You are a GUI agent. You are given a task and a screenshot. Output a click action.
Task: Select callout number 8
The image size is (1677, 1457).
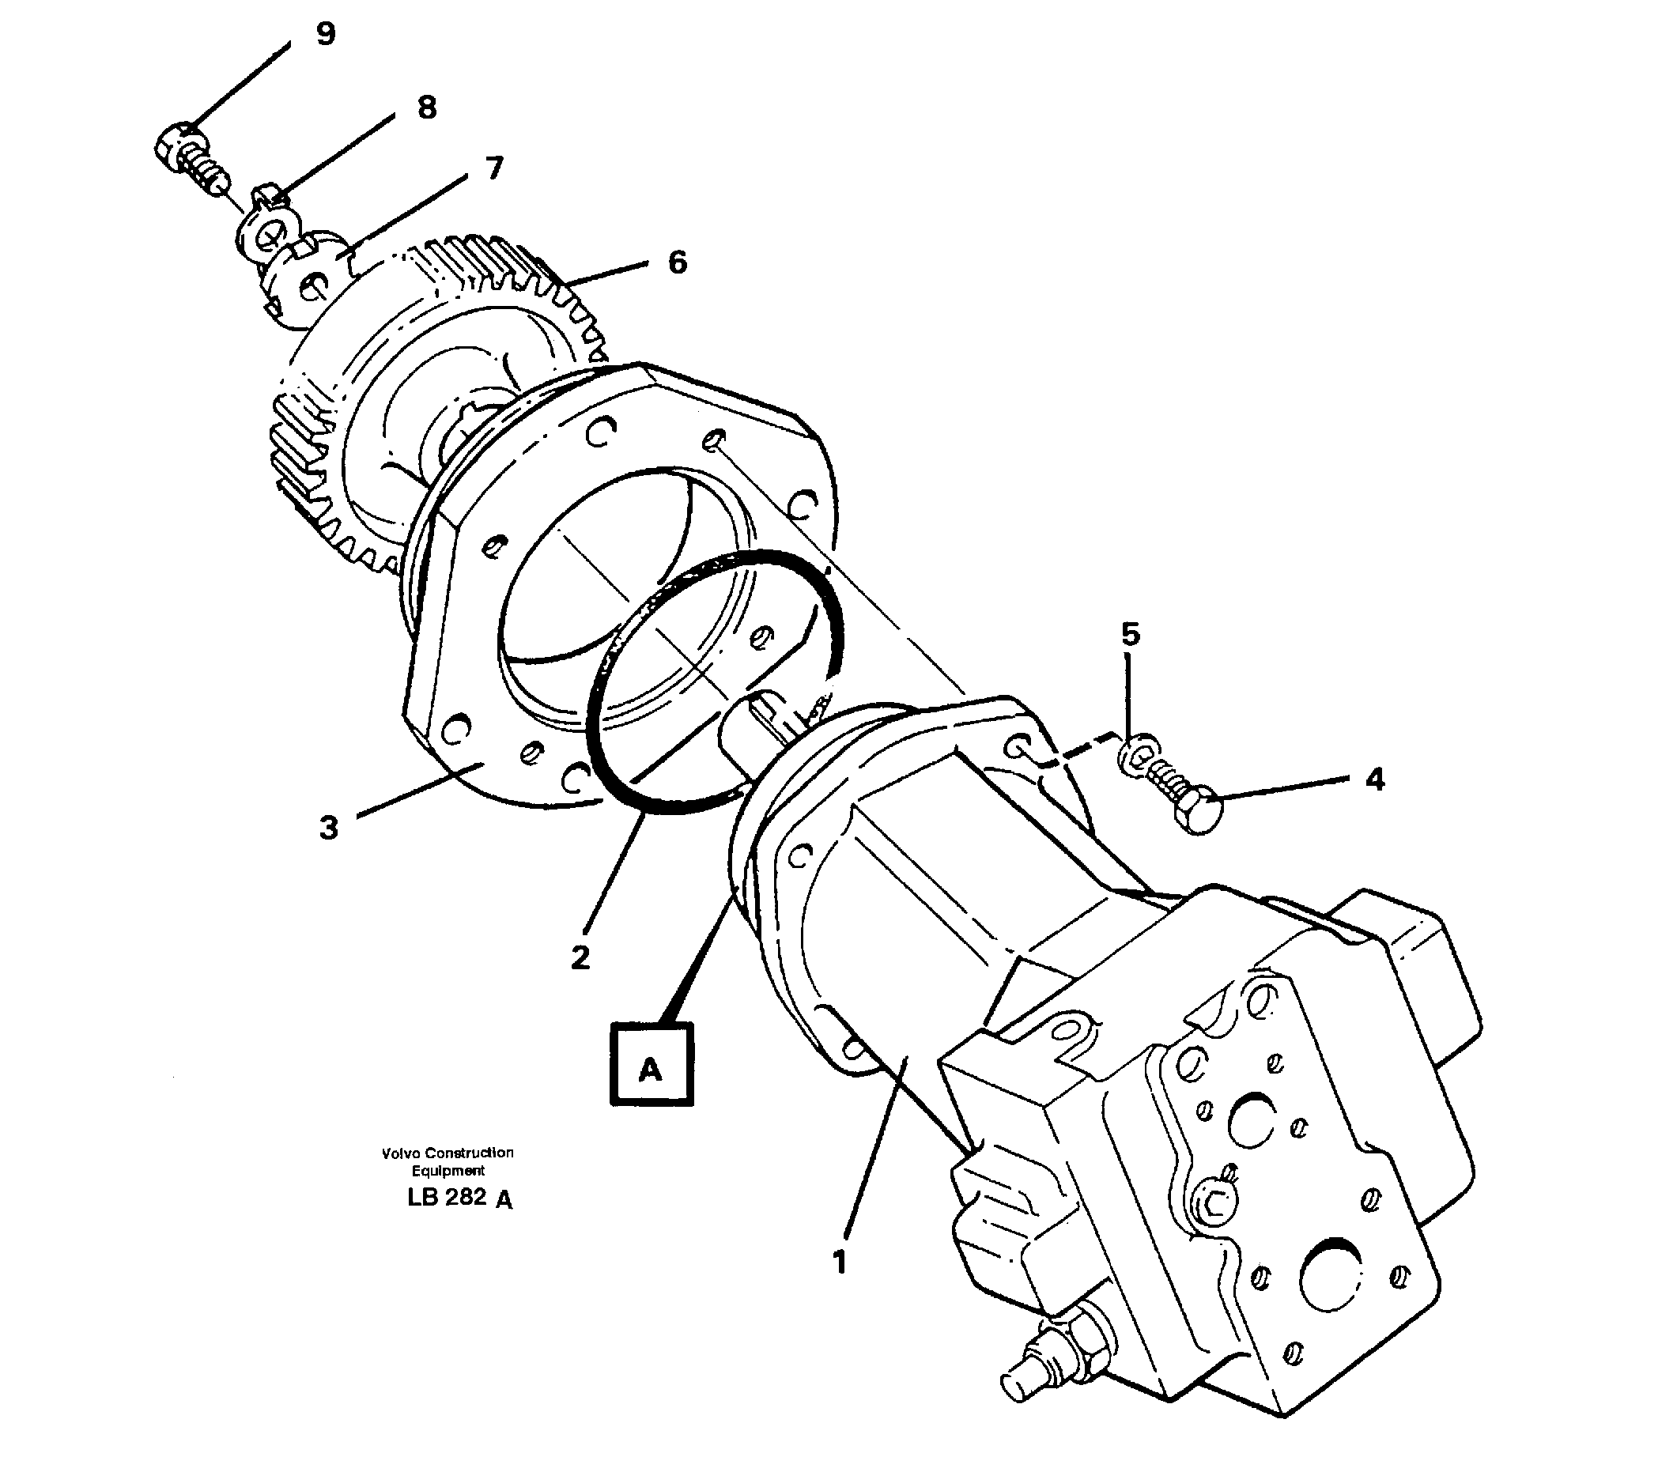pos(426,108)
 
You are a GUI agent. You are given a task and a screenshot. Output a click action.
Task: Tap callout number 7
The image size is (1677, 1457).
pos(493,168)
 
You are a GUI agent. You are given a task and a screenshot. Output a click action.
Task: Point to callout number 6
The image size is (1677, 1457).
pos(677,262)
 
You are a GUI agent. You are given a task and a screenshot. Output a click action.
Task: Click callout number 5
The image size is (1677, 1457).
pos(1131,633)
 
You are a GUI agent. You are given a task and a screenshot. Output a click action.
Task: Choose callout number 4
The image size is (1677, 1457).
pos(1373,779)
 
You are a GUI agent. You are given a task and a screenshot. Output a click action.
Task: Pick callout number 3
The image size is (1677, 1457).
pos(328,829)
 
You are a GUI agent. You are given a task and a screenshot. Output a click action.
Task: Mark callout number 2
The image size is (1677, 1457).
pos(579,958)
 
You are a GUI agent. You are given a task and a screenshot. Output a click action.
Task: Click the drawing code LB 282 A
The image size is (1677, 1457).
pos(459,1198)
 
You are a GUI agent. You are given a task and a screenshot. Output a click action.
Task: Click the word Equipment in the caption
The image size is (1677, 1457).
pos(448,1171)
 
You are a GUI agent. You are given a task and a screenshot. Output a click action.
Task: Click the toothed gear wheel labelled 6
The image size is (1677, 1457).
pos(455,391)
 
